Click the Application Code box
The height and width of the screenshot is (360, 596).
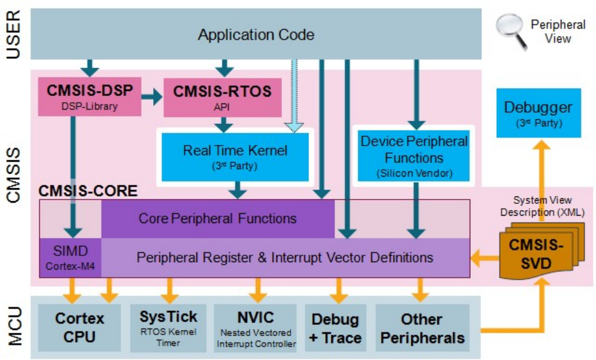point(256,35)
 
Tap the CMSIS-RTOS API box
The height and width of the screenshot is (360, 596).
point(222,97)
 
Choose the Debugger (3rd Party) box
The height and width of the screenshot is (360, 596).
point(538,113)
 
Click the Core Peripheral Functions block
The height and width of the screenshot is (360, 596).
point(217,218)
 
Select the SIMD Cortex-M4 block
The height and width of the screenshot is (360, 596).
point(71,257)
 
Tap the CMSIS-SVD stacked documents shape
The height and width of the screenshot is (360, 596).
point(535,253)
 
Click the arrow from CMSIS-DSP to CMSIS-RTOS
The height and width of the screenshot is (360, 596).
point(151,97)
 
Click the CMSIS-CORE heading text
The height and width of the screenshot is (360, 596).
point(87,191)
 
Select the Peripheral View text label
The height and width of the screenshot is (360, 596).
point(558,32)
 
